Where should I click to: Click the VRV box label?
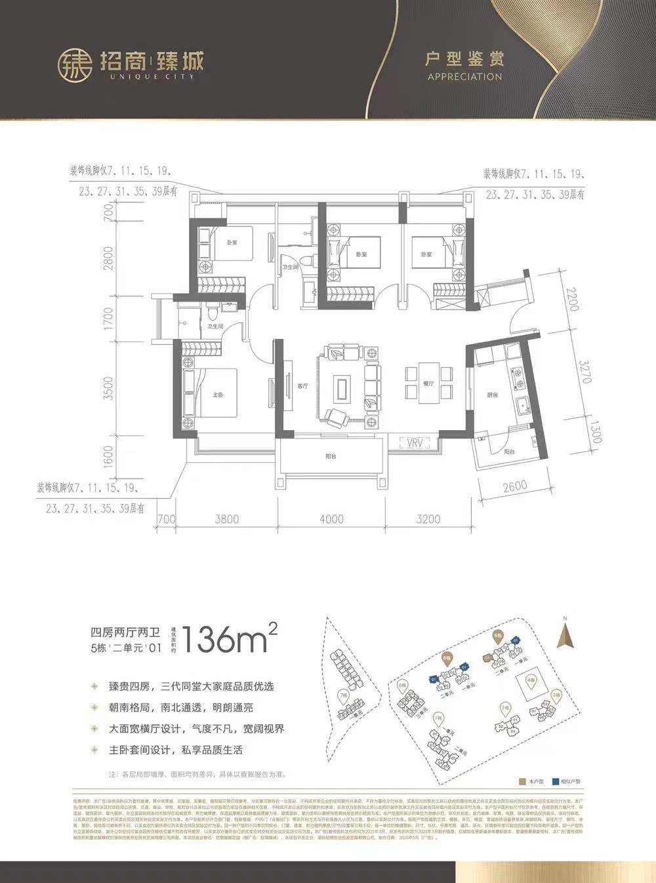[414, 443]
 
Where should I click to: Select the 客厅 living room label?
[302, 386]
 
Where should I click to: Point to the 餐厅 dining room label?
[428, 384]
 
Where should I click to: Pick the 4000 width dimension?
[331, 519]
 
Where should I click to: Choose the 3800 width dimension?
[226, 519]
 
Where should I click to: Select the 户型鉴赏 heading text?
[464, 59]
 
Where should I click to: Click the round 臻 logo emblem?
[74, 64]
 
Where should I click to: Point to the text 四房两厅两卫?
[125, 633]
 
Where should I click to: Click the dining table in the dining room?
[428, 382]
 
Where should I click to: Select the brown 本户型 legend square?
[522, 782]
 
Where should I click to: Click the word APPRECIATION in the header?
[464, 77]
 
